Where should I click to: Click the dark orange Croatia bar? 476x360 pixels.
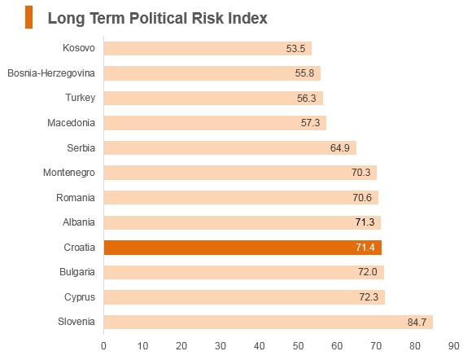242,248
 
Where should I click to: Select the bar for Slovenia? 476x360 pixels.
269,322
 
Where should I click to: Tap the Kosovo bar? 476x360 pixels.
207,48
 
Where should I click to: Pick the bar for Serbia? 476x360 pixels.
230,147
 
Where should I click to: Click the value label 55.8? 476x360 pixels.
304,73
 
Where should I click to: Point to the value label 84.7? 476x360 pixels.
417,322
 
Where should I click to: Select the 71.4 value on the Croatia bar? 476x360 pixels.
365,248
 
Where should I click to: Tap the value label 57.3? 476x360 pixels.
310,123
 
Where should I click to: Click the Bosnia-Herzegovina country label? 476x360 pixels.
51,73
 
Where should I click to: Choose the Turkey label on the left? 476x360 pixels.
80,98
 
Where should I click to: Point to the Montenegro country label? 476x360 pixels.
69,173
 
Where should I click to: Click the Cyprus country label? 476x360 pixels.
80,297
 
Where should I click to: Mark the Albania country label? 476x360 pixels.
79,222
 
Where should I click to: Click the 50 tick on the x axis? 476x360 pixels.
298,346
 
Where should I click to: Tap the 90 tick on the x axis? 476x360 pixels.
453,346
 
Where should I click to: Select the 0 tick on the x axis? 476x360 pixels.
103,346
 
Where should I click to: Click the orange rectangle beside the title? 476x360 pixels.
28,17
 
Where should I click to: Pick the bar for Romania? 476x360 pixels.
241,197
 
